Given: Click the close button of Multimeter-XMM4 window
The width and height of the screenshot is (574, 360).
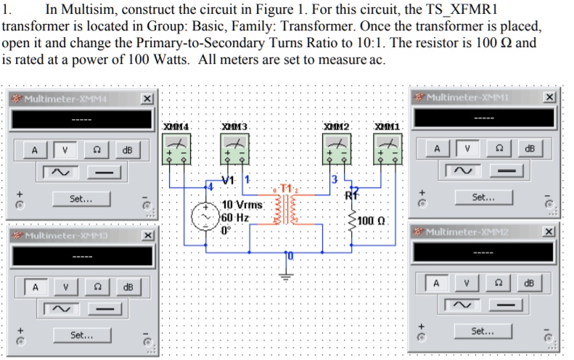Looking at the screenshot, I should (x=147, y=99).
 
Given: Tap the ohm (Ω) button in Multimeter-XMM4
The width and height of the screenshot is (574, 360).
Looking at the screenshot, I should (x=96, y=150).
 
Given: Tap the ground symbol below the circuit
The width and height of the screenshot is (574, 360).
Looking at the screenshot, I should (x=287, y=275).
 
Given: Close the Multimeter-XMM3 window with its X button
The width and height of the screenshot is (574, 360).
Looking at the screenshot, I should (x=147, y=236).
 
